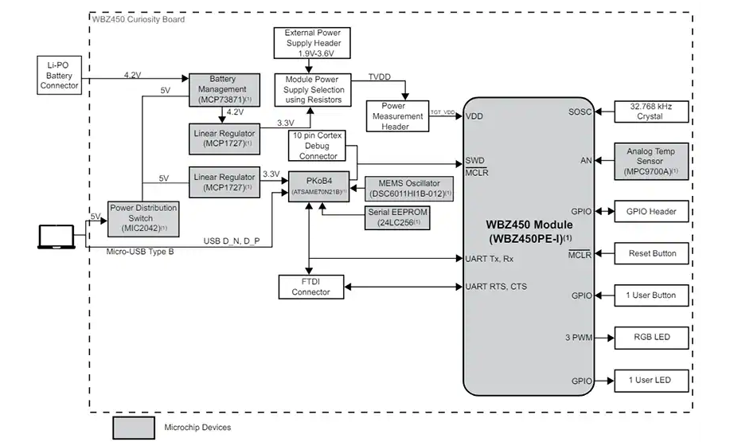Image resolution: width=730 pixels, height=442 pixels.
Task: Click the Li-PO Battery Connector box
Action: click(x=58, y=73)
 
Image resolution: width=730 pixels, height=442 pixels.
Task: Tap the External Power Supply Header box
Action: click(x=306, y=42)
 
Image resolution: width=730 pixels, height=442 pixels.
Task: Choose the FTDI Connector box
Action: click(x=310, y=287)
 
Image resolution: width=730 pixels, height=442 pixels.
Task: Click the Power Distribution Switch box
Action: click(x=143, y=218)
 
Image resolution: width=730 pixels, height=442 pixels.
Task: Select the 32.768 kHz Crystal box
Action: click(x=651, y=111)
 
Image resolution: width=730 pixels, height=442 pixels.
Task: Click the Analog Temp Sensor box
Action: click(x=651, y=160)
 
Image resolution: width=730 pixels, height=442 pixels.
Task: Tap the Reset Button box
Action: click(x=651, y=254)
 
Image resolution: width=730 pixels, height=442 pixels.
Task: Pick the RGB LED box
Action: click(x=651, y=338)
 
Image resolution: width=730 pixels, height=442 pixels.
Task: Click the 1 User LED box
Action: click(x=651, y=380)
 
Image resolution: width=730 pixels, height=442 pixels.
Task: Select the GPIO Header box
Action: click(x=651, y=212)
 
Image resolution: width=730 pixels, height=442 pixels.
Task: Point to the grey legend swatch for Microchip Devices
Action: click(x=132, y=428)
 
